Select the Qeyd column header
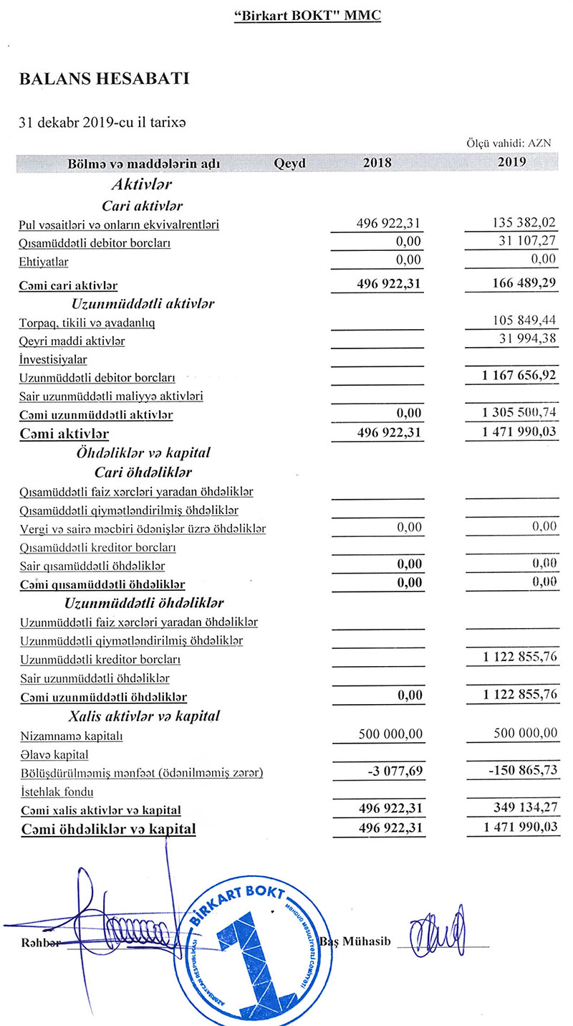point(289,163)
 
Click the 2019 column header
point(511,163)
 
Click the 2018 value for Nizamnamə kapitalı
point(390,733)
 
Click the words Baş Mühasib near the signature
point(356,941)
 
